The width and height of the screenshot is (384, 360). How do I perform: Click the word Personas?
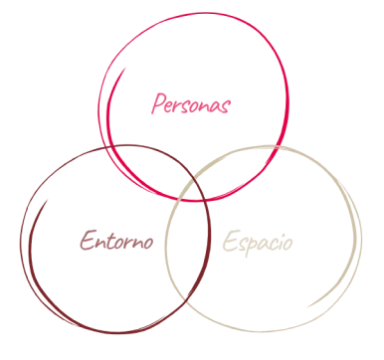click(x=189, y=102)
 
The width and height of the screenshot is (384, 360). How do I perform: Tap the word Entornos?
click(x=115, y=242)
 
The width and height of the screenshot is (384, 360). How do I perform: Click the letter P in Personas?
click(x=156, y=102)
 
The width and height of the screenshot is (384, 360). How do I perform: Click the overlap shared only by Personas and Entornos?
click(x=139, y=169)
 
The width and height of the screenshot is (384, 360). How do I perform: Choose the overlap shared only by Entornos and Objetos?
click(x=189, y=249)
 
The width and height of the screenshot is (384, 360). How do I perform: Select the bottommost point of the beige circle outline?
click(x=264, y=330)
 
